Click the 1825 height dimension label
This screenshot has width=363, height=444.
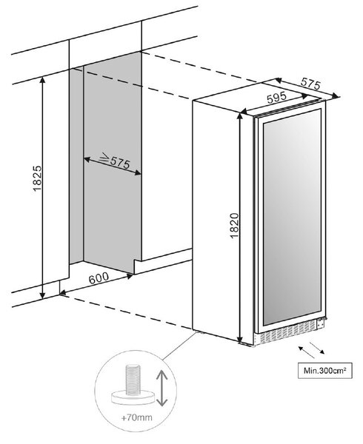[37, 178]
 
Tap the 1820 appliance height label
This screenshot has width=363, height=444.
[235, 226]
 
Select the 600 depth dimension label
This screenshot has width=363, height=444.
[99, 277]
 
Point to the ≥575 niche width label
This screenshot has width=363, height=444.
[116, 161]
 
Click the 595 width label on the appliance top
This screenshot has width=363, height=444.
[276, 98]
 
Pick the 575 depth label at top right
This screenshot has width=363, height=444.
[310, 84]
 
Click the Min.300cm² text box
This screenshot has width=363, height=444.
[325, 371]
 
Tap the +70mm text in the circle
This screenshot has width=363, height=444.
[136, 417]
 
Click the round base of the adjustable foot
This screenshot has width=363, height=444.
[133, 397]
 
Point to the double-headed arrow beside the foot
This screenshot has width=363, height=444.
[161, 388]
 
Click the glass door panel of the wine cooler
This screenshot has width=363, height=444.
[292, 217]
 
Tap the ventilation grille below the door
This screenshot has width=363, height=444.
[285, 333]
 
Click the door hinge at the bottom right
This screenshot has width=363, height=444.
[321, 323]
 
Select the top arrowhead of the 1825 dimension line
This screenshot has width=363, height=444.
[42, 80]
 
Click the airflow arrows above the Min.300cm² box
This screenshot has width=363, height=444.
[311, 350]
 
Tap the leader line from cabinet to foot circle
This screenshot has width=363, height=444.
[179, 346]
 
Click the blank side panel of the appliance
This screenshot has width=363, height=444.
[216, 218]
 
